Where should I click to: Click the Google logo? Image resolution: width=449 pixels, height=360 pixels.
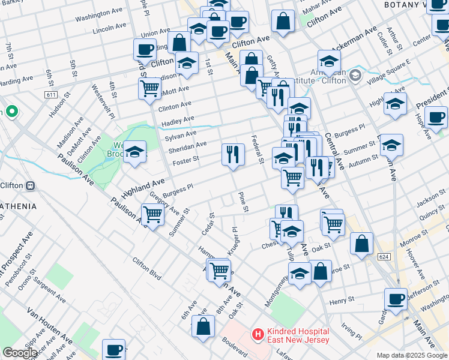point(20,353)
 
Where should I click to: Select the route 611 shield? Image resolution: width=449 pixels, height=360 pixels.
point(51,95)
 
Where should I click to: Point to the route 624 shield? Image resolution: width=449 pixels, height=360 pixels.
point(385,256)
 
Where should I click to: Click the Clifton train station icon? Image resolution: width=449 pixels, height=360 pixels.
point(29,185)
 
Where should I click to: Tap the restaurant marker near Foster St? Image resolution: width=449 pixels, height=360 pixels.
point(232,154)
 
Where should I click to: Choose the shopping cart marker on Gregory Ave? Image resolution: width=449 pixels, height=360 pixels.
point(153,214)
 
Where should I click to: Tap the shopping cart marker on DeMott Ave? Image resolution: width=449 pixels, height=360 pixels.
point(149,88)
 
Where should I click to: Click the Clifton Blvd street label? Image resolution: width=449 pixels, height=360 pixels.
point(146,269)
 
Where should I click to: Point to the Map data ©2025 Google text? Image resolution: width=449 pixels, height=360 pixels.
point(412,355)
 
